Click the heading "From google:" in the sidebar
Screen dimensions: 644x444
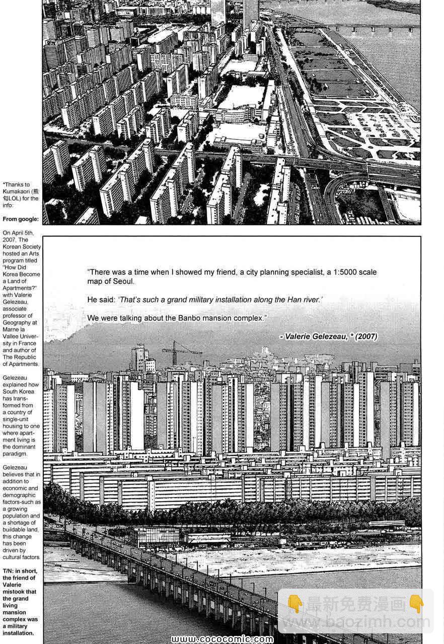coord(21,219)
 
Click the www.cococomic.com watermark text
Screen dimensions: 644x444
coord(221,639)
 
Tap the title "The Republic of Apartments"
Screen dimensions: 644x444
coord(21,360)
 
